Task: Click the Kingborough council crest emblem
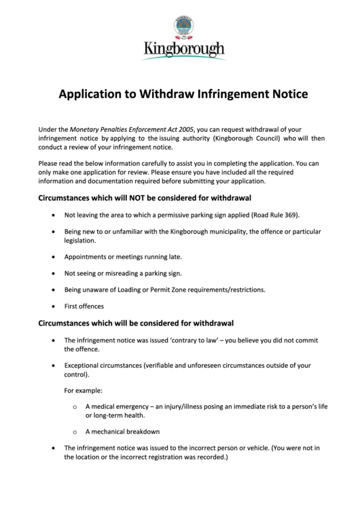coord(183,27)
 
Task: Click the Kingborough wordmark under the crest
coord(183,50)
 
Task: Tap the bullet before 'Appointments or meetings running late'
coord(54,258)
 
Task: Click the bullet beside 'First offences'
coord(54,306)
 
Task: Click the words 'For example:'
coord(84,391)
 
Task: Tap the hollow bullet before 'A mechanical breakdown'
coord(75,432)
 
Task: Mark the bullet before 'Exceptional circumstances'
coord(54,366)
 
